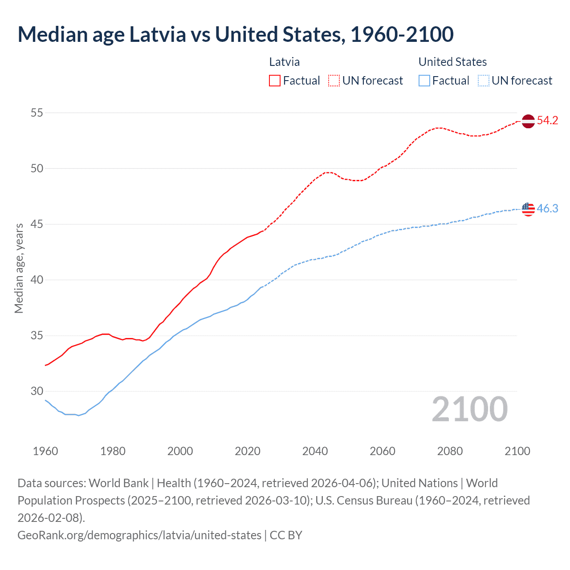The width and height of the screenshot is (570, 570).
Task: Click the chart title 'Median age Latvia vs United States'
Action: coord(236,35)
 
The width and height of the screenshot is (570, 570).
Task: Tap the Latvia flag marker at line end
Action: coord(528,121)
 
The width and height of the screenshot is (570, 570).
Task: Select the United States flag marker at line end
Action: coord(528,209)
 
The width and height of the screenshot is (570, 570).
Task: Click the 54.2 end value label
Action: coord(547,121)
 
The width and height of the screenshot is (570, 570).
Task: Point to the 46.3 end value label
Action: coord(547,208)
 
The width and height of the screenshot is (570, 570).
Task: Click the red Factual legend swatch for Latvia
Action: coord(275,81)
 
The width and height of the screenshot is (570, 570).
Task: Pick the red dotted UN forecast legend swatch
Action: coord(334,81)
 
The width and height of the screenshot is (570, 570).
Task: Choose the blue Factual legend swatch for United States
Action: coord(424,81)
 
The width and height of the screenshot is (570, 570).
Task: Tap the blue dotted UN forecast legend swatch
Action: coord(483,81)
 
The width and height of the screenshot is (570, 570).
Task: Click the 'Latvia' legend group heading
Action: coord(284,62)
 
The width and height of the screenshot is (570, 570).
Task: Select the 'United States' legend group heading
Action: coord(452,62)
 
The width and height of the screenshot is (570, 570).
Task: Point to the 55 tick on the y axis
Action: coord(37,113)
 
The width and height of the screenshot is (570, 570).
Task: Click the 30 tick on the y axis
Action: coord(37,391)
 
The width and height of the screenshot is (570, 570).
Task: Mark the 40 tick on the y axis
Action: coord(37,280)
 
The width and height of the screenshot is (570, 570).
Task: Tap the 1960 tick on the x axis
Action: coord(45,451)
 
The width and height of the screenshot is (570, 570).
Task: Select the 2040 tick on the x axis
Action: coord(315,451)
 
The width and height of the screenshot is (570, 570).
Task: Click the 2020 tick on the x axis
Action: coord(248,451)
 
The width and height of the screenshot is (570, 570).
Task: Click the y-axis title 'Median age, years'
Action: coord(19,269)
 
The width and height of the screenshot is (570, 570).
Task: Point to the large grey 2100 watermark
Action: coord(469,409)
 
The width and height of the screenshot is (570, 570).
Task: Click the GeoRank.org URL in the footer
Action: coord(139,535)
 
